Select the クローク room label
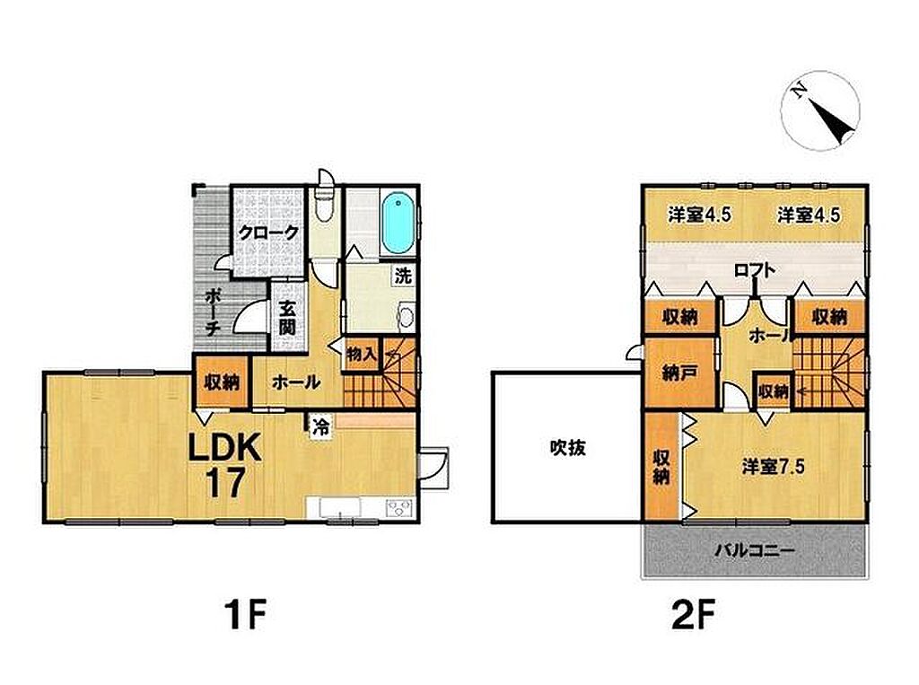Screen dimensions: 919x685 269,233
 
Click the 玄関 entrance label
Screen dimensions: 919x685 286,317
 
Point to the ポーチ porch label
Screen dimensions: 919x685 212,312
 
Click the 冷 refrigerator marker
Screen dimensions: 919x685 320,426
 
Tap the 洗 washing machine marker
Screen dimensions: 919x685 403,276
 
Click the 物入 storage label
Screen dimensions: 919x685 361,355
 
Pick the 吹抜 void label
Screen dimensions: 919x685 567,448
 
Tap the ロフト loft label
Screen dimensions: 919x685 755,269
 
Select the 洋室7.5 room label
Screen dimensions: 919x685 773,467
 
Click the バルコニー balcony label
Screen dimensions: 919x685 755,550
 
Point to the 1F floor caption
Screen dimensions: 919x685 246,613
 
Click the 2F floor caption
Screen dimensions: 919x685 693,613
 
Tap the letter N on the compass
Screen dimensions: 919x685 798,90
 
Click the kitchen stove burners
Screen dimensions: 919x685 399,508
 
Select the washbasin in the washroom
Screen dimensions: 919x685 406,317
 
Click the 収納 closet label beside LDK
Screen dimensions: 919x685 222,382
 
